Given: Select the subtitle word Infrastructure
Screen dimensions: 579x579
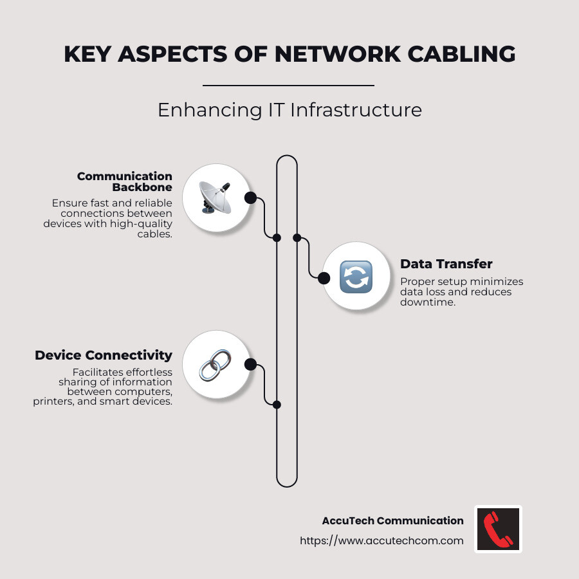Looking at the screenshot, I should pos(356,110).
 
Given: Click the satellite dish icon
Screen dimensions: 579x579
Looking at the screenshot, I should pos(214,198).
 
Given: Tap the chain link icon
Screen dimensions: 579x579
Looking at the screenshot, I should pos(214,365).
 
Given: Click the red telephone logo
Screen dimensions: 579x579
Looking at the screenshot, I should pos(498,529).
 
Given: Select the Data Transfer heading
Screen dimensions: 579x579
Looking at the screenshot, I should pos(446,264).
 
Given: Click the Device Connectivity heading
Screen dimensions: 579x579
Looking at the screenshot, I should pos(104,355).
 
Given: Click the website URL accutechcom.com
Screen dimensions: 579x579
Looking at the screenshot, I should pos(381,540).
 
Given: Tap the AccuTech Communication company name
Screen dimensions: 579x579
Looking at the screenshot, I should pos(392,520).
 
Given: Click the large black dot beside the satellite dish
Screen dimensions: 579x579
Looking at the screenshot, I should pos(251,198).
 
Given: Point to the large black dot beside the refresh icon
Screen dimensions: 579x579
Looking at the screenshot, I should pos(324,278).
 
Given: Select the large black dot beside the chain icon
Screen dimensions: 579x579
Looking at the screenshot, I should pos(251,365).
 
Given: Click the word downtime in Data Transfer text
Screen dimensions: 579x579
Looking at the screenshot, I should pos(428,302).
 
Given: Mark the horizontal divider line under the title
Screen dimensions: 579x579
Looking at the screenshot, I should pos(288,85).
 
